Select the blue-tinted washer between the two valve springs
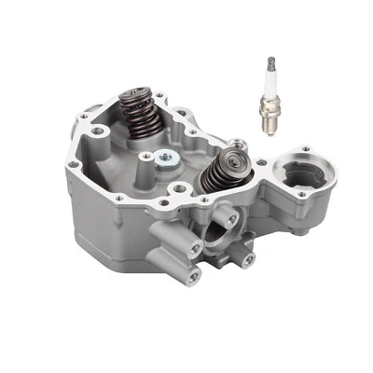pyautogui.click(x=165, y=158)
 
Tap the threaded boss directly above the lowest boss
pyautogui.click(x=194, y=247)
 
